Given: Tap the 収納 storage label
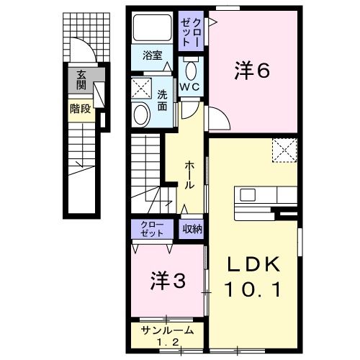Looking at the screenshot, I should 191,228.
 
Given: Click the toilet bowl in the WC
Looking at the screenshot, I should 191,70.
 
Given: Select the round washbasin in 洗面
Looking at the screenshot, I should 141,114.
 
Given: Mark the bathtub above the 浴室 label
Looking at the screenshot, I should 151,28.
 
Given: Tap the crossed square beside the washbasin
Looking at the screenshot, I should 140,90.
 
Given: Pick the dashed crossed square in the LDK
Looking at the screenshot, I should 285,151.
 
